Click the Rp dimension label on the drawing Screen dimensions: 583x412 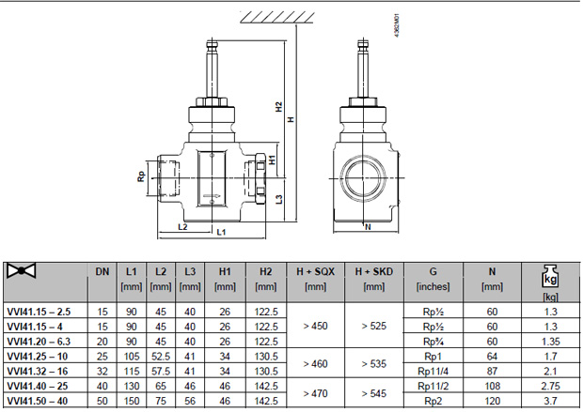point(141,176)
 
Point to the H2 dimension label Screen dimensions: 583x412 point(279,107)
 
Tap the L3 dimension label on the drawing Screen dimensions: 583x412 point(279,199)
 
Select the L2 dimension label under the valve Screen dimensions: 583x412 point(182,227)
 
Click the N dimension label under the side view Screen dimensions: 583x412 point(368,227)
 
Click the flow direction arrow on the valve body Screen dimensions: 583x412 point(212,196)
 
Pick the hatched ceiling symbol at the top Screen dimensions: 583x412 point(277,18)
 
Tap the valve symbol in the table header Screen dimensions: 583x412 point(22,271)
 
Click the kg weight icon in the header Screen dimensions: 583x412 point(550,277)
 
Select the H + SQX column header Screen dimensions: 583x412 point(315,272)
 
